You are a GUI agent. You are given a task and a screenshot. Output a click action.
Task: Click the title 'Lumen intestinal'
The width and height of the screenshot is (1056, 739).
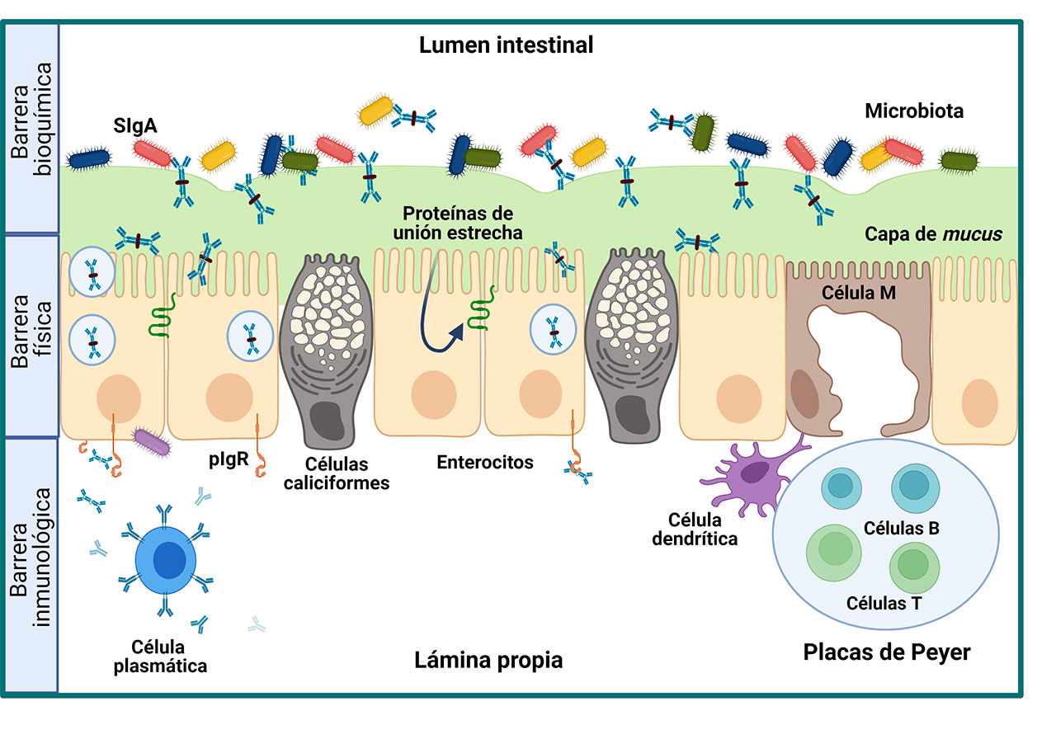(x=506, y=45)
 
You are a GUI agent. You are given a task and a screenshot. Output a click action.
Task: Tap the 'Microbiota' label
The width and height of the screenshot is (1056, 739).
(x=914, y=111)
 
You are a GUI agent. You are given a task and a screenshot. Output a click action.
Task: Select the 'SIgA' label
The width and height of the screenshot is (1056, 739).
(x=137, y=126)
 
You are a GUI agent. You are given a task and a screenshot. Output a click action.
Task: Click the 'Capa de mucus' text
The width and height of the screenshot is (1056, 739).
(x=933, y=234)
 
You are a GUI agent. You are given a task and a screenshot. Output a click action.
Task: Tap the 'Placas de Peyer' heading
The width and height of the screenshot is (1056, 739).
(x=887, y=652)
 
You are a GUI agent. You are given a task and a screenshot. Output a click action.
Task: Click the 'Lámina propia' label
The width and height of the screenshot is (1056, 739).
(x=488, y=661)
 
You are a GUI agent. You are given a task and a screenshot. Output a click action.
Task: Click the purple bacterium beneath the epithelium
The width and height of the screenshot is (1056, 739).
(x=152, y=443)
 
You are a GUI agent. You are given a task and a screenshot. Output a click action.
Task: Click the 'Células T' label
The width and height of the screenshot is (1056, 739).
(x=884, y=602)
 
